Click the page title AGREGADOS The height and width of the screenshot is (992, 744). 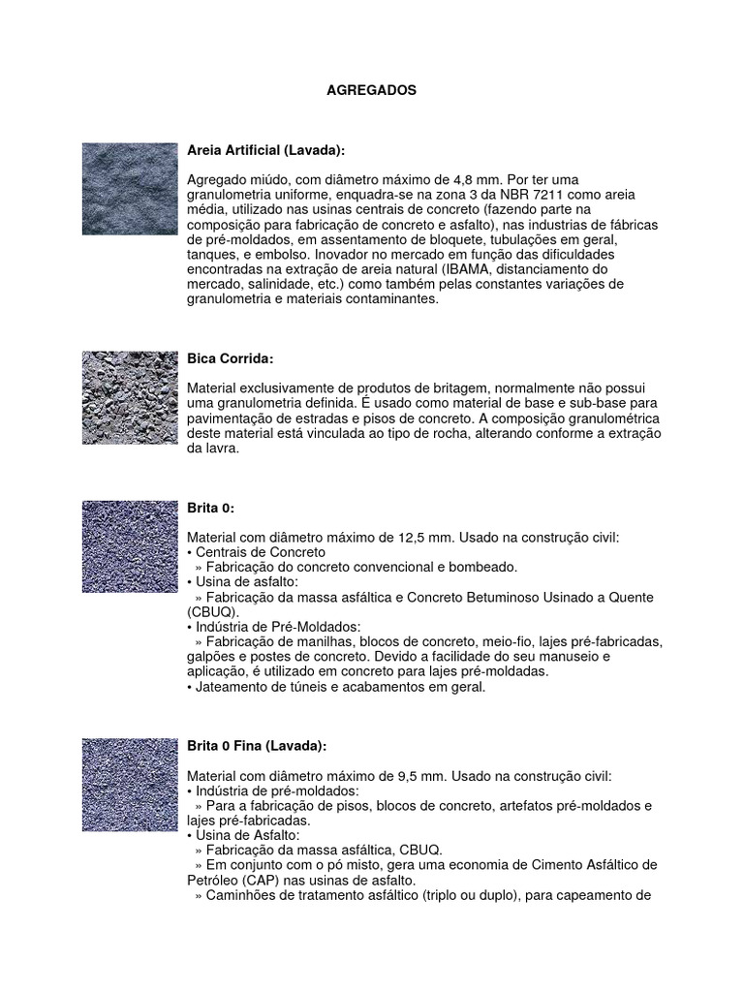pos(371,90)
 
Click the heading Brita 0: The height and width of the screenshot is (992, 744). pos(210,508)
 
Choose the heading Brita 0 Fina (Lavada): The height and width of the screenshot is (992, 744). pos(257,746)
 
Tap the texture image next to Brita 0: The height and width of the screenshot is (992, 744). pos(130,547)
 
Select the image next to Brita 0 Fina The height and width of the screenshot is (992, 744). pos(130,786)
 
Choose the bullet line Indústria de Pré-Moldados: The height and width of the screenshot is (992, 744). pos(277,627)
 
